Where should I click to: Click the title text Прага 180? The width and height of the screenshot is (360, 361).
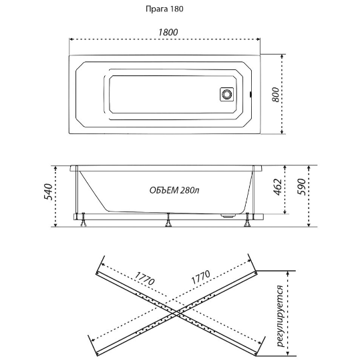tap(164, 9)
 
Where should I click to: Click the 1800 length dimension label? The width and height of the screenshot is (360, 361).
tap(168, 32)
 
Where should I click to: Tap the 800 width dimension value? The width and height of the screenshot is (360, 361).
tap(275, 94)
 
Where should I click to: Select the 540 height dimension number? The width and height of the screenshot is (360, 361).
tap(48, 192)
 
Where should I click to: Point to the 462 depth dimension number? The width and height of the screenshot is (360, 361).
tap(278, 187)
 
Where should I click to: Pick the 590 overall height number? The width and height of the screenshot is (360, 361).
tap(301, 187)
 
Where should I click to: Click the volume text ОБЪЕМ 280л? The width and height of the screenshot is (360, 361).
tap(174, 190)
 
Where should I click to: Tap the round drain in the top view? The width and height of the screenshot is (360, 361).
tap(227, 94)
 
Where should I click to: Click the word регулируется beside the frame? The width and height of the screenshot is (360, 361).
tap(280, 316)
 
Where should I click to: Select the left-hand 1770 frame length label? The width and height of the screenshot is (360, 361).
tap(144, 278)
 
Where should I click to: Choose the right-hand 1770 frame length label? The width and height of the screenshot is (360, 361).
tap(201, 277)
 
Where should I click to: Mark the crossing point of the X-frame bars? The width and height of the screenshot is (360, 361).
tap(177, 312)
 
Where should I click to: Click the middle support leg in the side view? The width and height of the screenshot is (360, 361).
tap(168, 220)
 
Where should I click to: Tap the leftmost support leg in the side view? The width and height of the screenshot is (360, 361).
tap(83, 220)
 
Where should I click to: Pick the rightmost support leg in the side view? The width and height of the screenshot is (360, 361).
tap(248, 220)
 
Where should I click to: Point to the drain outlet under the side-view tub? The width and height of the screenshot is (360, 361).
tap(228, 216)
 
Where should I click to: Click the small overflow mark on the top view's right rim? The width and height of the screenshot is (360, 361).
tap(250, 94)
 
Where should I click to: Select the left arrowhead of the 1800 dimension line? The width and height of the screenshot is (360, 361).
tap(71, 39)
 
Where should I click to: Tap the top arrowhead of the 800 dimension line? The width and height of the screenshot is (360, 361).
tap(282, 56)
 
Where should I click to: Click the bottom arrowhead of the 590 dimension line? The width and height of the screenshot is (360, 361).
tap(309, 225)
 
